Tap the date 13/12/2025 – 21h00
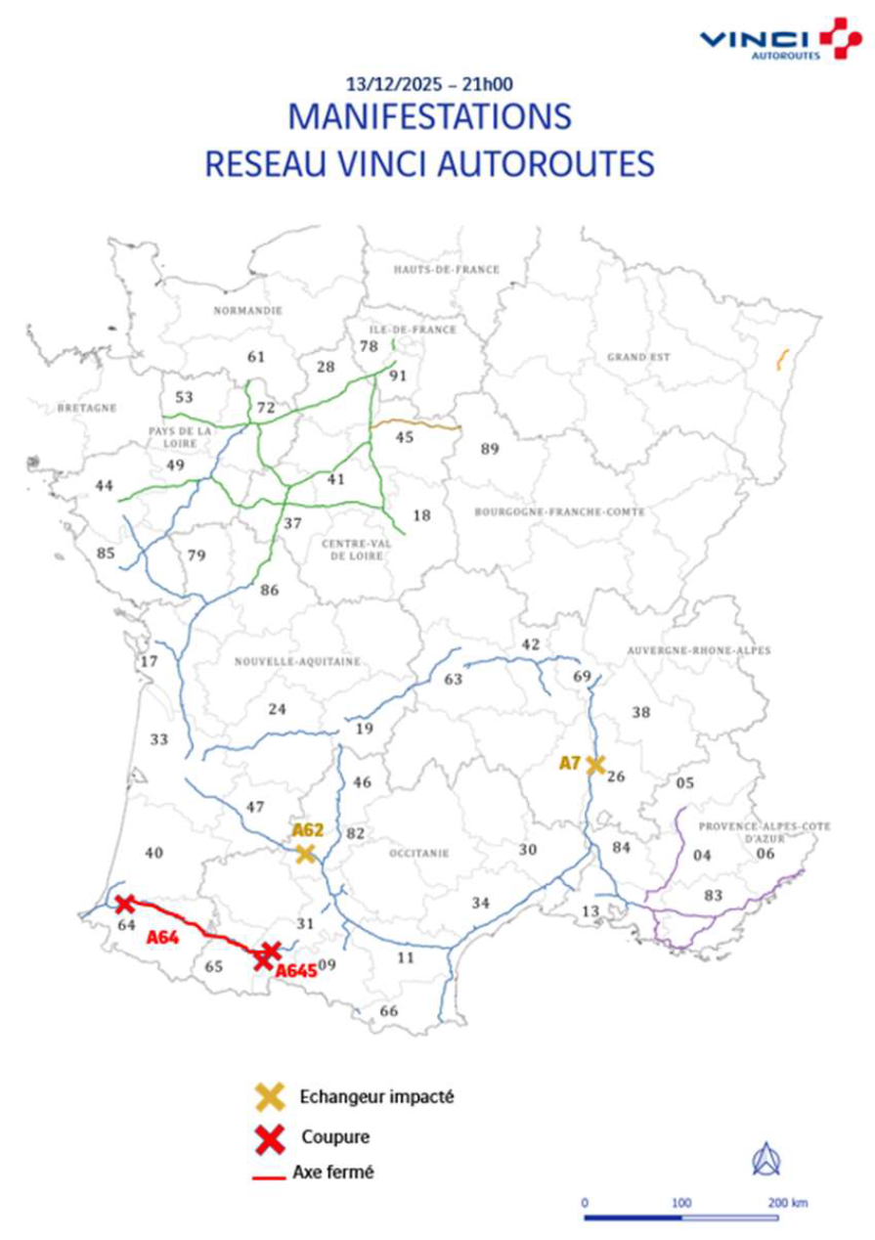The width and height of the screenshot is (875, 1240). (430, 84)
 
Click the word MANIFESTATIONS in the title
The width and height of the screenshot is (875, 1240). (429, 116)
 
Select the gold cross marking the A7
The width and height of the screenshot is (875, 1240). (595, 764)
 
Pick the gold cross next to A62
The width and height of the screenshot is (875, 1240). (305, 854)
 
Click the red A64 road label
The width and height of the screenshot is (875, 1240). (163, 938)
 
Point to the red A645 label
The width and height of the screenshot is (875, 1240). (295, 970)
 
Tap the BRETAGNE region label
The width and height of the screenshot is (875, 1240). (86, 408)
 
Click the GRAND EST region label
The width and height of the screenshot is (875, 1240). (638, 357)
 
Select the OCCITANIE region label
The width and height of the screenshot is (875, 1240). (417, 853)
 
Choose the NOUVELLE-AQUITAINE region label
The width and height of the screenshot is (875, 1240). (297, 661)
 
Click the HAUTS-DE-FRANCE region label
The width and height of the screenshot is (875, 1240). (446, 269)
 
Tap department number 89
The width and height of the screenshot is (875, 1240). (490, 449)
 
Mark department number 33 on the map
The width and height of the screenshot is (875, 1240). (159, 739)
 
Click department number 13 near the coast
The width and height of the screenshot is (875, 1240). (591, 911)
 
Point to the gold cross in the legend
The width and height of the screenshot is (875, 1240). (269, 1096)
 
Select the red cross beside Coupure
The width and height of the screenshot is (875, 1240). (269, 1138)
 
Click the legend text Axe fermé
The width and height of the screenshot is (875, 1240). (332, 1172)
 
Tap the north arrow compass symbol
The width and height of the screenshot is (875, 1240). (766, 1159)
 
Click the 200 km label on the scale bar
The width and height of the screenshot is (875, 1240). (787, 1203)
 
